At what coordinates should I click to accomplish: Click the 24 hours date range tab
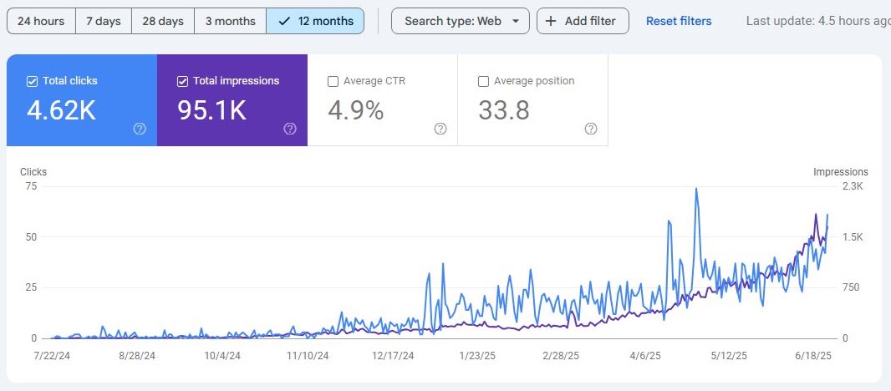[x=41, y=21]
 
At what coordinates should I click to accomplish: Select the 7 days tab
[x=104, y=21]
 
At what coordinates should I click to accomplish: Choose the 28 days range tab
[x=162, y=21]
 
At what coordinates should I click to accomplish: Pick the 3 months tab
[x=230, y=21]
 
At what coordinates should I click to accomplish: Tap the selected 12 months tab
[x=315, y=21]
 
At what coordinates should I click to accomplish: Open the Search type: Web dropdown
[x=460, y=21]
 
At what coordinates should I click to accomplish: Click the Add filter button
[x=582, y=21]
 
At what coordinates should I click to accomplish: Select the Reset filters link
[x=679, y=21]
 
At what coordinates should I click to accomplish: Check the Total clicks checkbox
[x=33, y=81]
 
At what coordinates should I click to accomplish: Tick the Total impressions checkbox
[x=183, y=81]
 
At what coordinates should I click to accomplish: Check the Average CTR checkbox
[x=333, y=81]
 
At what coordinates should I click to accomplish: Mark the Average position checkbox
[x=483, y=81]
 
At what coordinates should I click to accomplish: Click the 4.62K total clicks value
[x=61, y=110]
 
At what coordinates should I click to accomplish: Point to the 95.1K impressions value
[x=211, y=110]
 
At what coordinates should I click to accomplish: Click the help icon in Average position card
[x=591, y=129]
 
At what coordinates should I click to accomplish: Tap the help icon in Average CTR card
[x=440, y=129]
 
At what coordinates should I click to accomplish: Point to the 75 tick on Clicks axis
[x=31, y=186]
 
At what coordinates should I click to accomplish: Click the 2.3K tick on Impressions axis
[x=853, y=186]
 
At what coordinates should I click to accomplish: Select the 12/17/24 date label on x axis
[x=393, y=355]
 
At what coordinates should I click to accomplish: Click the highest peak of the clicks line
[x=695, y=189]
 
